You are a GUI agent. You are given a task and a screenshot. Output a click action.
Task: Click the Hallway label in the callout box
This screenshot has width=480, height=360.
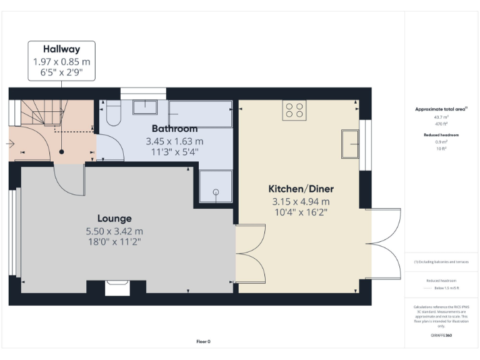pyautogui.click(x=61, y=49)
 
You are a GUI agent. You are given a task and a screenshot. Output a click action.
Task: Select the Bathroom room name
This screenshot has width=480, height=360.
pyautogui.click(x=174, y=129)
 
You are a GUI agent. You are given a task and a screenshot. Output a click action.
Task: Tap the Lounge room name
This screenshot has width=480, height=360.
pyautogui.click(x=114, y=218)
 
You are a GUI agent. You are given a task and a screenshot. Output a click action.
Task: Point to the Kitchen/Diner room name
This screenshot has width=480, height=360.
pyautogui.click(x=301, y=189)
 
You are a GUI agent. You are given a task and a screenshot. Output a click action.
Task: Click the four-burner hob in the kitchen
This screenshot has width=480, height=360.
pyautogui.click(x=295, y=110)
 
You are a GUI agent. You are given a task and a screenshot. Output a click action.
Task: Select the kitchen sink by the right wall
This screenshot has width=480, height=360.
pyautogui.click(x=349, y=144)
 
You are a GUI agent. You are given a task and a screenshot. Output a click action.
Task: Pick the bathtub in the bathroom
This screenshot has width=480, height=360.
pyautogui.click(x=200, y=113)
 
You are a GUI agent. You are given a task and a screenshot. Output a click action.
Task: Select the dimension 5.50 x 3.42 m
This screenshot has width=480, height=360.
pyautogui.click(x=114, y=231)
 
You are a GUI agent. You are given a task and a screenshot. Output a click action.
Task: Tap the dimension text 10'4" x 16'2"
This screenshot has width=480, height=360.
pyautogui.click(x=301, y=212)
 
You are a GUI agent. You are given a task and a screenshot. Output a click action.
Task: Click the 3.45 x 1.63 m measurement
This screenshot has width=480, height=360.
pyautogui.click(x=174, y=141)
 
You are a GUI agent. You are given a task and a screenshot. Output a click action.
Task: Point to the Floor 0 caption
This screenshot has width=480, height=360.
pyautogui.click(x=203, y=341)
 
